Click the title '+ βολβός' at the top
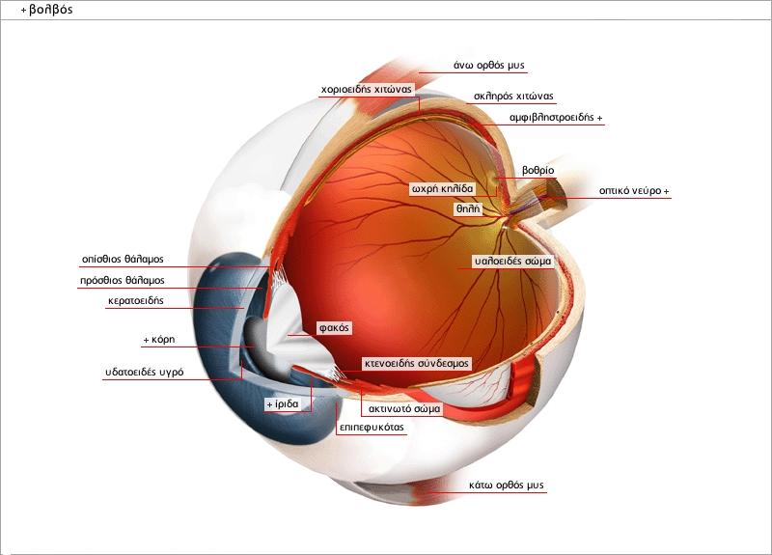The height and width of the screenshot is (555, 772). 45,10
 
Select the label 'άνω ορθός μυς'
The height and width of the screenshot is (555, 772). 488,66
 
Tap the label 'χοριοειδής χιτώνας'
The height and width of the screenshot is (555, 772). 367,89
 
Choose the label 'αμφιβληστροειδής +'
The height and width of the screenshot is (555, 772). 556,118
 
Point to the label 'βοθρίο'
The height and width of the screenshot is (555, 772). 538,170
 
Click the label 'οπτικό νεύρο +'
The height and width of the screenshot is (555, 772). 633,191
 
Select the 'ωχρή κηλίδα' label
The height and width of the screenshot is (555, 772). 442,187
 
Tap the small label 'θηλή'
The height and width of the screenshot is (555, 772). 467,208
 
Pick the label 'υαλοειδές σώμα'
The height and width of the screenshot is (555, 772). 512,261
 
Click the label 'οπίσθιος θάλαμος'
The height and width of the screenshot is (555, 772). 123,260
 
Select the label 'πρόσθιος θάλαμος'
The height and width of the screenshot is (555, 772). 122,281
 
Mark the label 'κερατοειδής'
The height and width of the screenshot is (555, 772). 135,301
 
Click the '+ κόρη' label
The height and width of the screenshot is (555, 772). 157,341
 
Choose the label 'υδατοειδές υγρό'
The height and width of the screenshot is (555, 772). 144,372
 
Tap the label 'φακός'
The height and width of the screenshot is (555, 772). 334,328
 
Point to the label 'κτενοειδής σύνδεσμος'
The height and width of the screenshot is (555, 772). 416,364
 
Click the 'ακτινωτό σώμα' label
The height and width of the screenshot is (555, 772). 404,408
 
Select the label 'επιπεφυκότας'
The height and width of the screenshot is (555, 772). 371,426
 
